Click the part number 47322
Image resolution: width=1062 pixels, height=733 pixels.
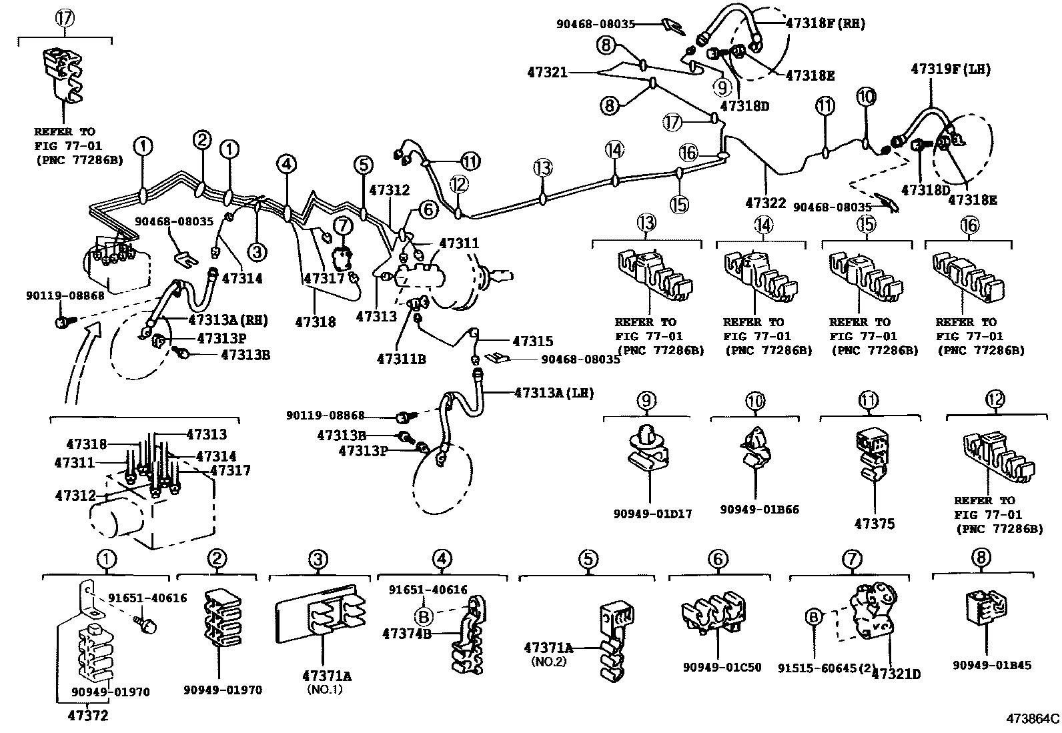tap(766, 203)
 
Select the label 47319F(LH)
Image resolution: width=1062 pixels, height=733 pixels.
tap(951, 69)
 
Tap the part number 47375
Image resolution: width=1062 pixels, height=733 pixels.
tap(874, 524)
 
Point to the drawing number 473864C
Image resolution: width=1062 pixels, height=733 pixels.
tap(1033, 719)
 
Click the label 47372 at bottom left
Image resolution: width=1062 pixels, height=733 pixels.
tap(87, 716)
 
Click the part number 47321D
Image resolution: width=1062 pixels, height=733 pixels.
tap(896, 674)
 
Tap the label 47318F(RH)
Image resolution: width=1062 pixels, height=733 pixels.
tap(825, 23)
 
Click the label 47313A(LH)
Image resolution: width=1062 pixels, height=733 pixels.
tap(553, 392)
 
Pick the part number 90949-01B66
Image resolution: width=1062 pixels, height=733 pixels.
tap(759, 510)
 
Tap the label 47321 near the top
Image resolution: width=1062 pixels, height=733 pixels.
tap(547, 72)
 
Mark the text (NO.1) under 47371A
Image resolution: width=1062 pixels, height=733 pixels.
tap(325, 690)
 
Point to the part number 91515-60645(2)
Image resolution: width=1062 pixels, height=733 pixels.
tap(825, 668)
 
